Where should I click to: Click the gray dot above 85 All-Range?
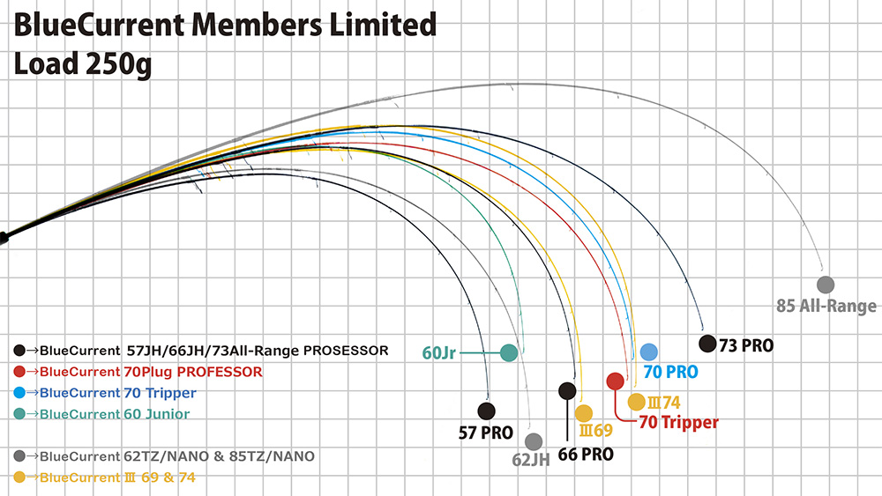coord(826,285)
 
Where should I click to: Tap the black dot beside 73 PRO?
coord(707,344)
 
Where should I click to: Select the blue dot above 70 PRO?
coord(649,352)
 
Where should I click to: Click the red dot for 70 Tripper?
coord(616,381)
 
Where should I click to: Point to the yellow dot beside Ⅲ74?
coord(636,402)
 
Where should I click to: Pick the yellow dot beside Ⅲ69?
coord(583,412)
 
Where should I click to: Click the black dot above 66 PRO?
coord(567,390)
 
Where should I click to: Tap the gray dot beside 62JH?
coord(533,440)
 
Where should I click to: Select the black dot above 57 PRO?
coord(486,410)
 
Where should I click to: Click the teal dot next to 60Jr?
coord(508,352)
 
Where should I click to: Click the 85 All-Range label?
coord(826,307)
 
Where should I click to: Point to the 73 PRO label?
coord(746,346)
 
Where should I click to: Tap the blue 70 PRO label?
coord(670,373)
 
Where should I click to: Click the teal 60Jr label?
coord(438,353)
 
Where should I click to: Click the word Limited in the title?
coord(380,26)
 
